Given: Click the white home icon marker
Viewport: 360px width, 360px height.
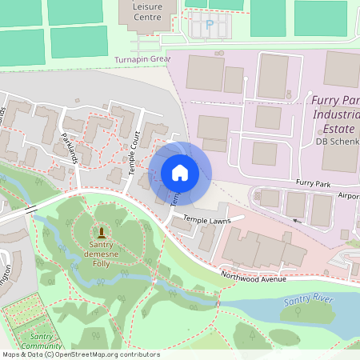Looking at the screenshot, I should click(180, 173).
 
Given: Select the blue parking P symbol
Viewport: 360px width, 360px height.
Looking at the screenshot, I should click(210, 26).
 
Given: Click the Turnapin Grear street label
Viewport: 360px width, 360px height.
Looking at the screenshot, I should click(142, 59).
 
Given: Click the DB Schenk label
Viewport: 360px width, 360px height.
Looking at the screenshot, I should click(337, 142).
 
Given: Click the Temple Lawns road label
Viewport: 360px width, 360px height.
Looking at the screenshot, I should click(206, 218).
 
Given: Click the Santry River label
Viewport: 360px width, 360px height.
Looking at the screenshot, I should click(308, 302).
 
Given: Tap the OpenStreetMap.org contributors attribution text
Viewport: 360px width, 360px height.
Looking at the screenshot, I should click(104, 354).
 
